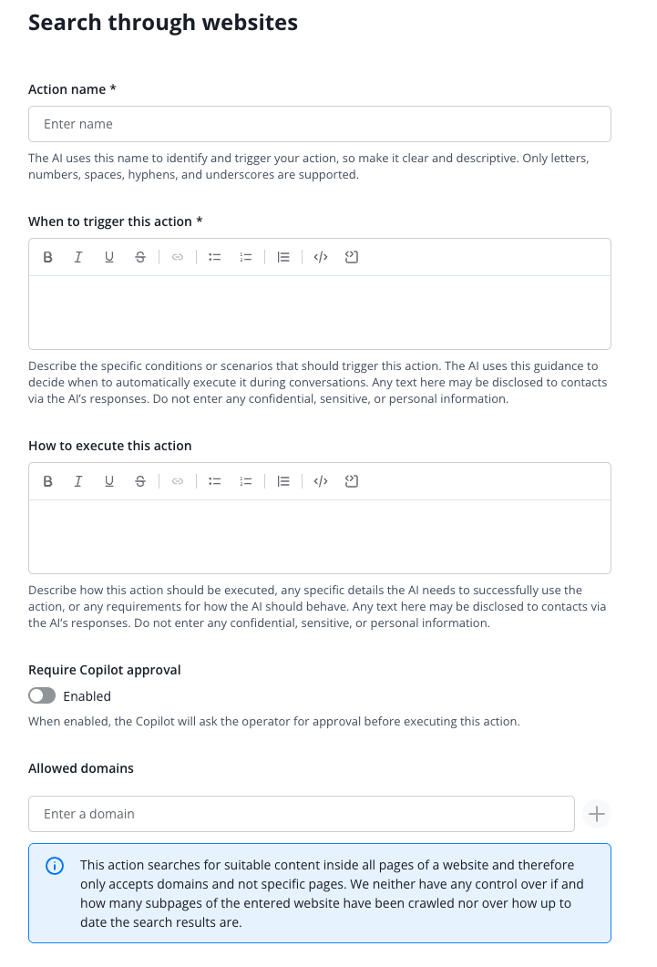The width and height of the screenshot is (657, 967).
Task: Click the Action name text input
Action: (x=319, y=124)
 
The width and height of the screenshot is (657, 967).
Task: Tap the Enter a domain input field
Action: (x=301, y=814)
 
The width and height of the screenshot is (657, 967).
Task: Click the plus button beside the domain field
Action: (x=597, y=814)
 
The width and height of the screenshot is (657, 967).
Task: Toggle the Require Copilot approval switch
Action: (x=42, y=696)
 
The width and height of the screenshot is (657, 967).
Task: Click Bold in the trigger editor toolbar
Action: (x=48, y=257)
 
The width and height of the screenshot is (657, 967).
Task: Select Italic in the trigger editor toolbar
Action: (x=78, y=257)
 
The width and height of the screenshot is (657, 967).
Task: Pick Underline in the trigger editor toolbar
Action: (x=109, y=257)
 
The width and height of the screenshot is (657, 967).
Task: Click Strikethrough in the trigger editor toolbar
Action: (x=139, y=257)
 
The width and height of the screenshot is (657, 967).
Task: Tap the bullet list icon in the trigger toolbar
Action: (x=215, y=257)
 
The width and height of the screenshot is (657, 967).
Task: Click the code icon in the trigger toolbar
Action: (x=320, y=257)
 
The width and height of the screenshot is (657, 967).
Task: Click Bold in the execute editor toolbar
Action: (x=48, y=481)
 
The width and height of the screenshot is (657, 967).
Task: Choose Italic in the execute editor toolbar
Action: (x=78, y=481)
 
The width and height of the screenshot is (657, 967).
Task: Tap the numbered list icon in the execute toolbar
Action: (x=245, y=481)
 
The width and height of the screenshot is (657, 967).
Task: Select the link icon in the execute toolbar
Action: (x=178, y=481)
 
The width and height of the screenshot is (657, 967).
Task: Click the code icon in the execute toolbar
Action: (x=320, y=481)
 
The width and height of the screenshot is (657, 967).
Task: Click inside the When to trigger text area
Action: (x=319, y=312)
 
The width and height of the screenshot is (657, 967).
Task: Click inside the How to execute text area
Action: (x=319, y=536)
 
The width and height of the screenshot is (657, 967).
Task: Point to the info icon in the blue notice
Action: (x=55, y=866)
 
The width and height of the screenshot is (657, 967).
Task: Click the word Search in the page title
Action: (x=65, y=22)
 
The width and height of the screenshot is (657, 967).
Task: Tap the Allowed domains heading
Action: (x=81, y=768)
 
